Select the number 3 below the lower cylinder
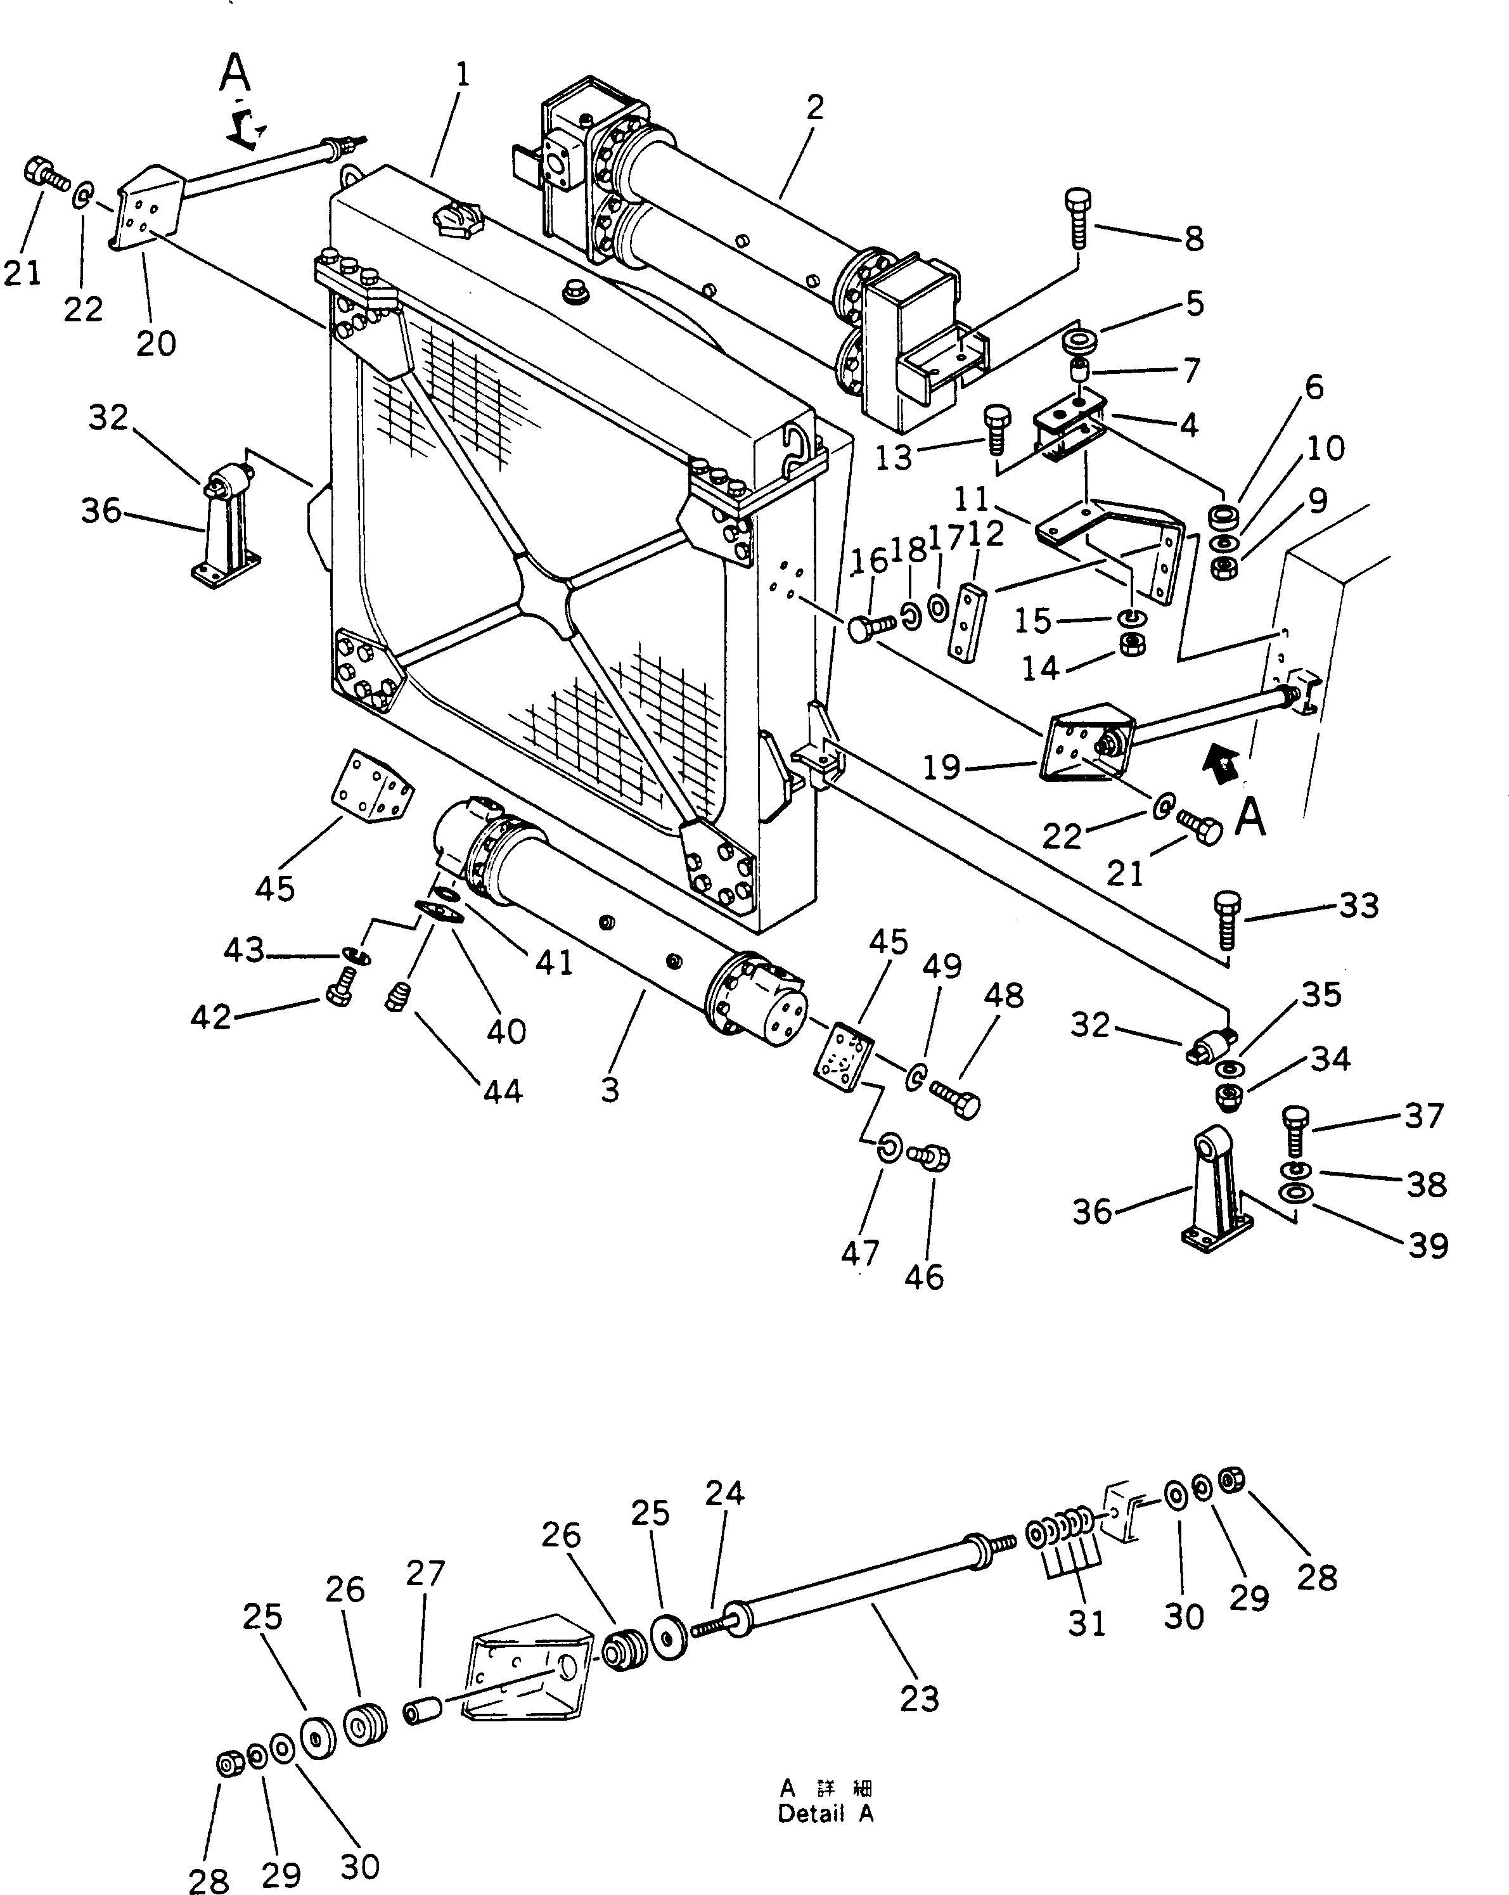coord(610,1090)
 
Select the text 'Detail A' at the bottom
coord(825,1813)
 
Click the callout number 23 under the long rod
coord(920,1699)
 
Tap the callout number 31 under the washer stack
coord(1086,1623)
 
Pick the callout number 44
coord(503,1091)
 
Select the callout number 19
coord(941,768)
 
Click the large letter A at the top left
coord(234,73)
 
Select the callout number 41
coord(554,963)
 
